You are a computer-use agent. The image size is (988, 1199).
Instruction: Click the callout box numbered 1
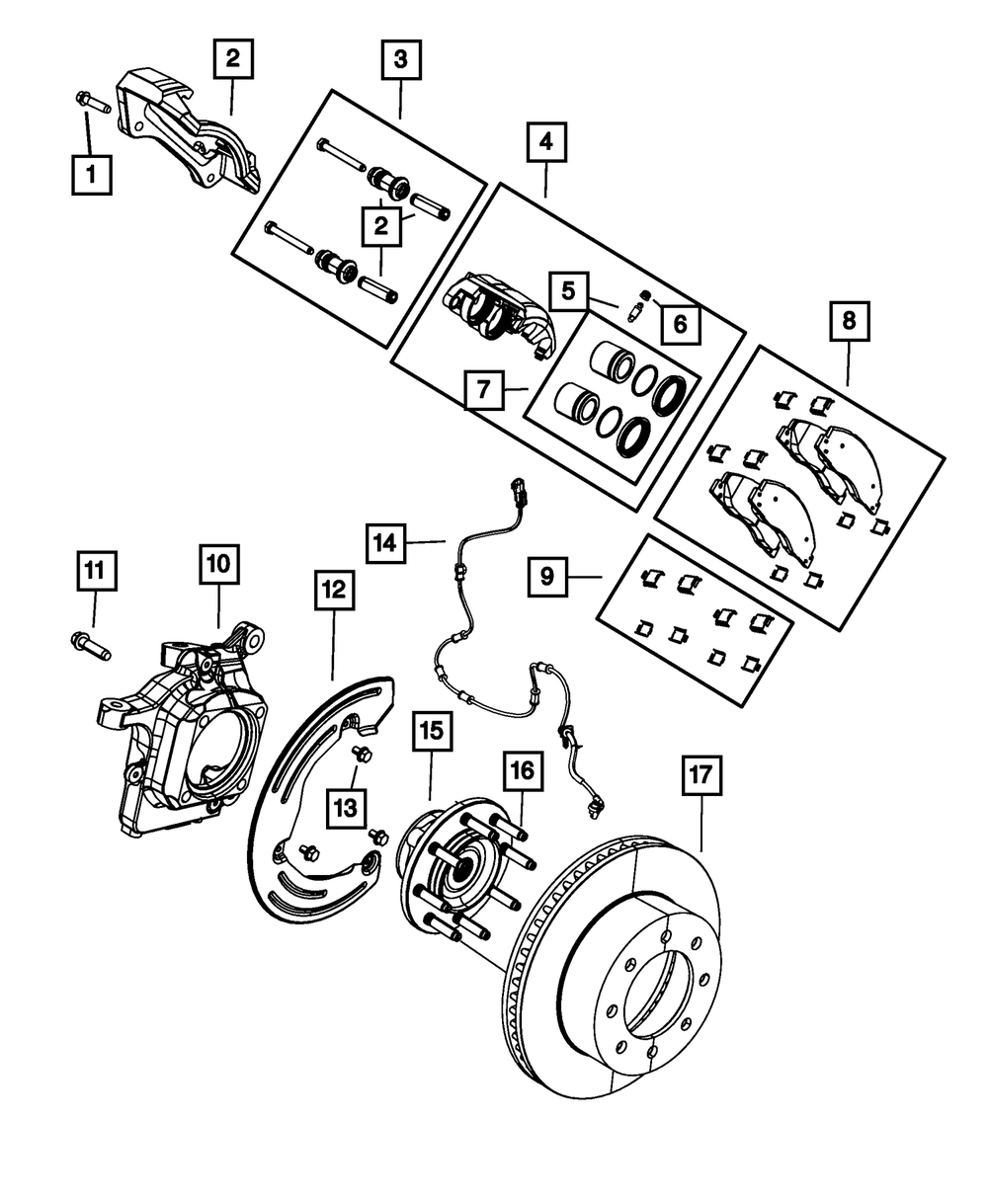click(91, 174)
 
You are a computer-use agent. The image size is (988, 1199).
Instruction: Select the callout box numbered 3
click(401, 59)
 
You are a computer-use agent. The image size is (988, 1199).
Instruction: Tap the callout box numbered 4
click(546, 141)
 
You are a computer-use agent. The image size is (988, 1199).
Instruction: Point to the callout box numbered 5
click(568, 291)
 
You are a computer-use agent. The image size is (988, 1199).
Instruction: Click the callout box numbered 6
click(680, 325)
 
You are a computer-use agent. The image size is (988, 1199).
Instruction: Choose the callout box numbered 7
click(484, 390)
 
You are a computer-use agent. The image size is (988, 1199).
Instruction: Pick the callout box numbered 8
click(849, 321)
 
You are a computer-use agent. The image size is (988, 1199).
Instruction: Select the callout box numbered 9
click(547, 576)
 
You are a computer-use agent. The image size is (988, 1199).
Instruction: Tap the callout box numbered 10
click(219, 564)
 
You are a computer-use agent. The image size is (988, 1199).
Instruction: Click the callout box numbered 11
click(97, 571)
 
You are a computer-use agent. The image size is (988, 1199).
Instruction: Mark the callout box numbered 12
click(334, 590)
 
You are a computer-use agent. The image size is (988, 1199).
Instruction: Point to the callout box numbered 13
click(346, 808)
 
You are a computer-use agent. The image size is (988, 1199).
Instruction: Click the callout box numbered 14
click(385, 542)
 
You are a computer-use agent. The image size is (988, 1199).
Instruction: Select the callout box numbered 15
click(432, 731)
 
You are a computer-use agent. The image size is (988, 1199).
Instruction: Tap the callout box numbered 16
click(523, 770)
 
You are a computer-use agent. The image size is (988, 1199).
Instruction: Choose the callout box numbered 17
click(701, 775)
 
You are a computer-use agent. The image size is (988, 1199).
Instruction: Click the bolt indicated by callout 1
click(92, 103)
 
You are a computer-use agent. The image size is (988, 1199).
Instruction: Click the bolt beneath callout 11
click(90, 646)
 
